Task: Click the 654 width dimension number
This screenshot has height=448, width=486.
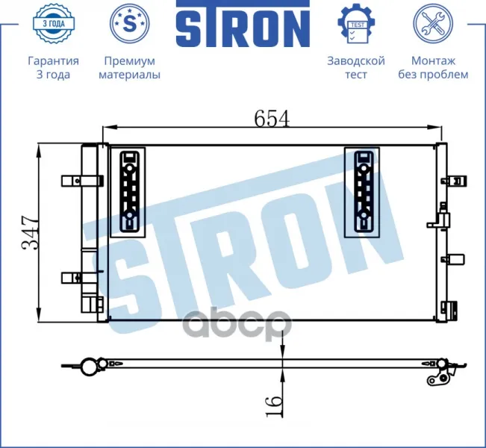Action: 272,118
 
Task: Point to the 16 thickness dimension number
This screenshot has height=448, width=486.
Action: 274,406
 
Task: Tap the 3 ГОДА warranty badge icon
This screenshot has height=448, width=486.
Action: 53,23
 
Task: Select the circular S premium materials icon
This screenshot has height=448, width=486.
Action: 130,23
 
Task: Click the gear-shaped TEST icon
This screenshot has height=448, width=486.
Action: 356,23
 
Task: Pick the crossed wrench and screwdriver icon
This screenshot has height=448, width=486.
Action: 433,23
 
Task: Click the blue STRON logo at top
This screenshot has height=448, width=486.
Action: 243,24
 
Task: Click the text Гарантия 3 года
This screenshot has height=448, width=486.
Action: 53,68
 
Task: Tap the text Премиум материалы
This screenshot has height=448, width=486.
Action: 130,68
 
